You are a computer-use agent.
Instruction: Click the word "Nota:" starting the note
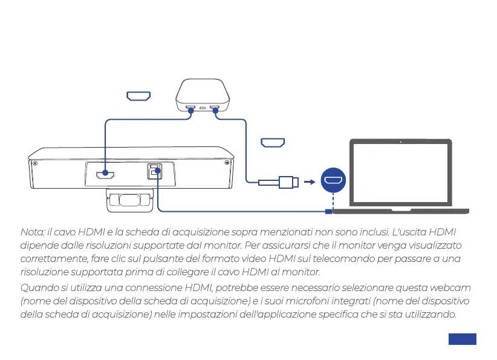(x=32, y=233)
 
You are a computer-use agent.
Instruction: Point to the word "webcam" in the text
(x=453, y=287)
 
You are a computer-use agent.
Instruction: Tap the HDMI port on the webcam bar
(x=105, y=176)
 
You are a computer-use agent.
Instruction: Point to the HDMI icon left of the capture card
(x=138, y=96)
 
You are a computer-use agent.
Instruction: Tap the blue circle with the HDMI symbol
(x=333, y=180)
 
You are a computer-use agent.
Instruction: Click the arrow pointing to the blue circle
(x=310, y=181)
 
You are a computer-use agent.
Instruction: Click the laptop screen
(x=400, y=173)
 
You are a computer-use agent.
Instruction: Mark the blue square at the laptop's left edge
(x=328, y=211)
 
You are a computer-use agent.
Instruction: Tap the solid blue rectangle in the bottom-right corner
(x=463, y=339)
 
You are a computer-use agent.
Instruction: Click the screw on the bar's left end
(x=36, y=163)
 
